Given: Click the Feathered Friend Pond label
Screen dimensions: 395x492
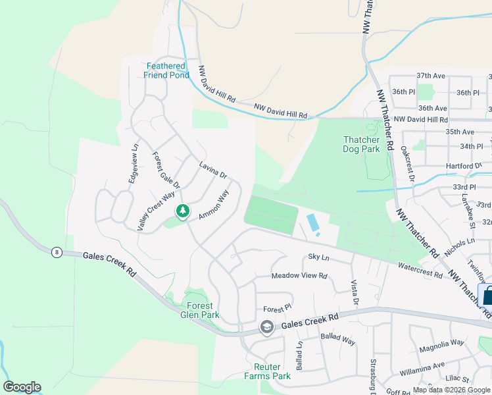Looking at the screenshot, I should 167,70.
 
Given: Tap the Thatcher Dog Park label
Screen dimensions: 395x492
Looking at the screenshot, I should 361,144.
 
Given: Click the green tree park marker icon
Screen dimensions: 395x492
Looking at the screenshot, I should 183,211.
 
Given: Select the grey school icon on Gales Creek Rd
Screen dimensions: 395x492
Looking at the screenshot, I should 266,327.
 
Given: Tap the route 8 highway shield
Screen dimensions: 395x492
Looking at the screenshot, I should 58,252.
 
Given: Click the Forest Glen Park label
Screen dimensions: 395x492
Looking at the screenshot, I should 199,310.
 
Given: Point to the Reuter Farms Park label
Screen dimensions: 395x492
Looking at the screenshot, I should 267,371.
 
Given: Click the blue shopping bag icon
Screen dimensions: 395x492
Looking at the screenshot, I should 487,296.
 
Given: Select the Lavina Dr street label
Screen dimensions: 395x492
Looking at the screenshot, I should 213,170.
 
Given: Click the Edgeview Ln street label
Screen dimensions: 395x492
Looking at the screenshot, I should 134,163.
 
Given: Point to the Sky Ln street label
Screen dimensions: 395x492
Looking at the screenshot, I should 318,257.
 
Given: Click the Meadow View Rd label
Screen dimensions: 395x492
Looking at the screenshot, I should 299,276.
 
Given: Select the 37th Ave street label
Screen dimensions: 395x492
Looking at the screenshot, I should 431,76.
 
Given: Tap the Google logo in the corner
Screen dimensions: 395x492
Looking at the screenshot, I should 22,387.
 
